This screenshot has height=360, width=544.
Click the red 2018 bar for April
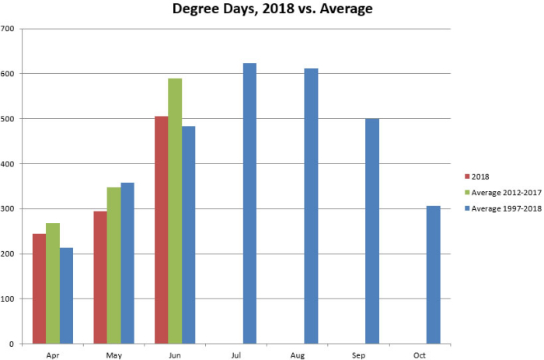[39, 288]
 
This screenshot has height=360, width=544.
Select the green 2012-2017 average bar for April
[53, 283]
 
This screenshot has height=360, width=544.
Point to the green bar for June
[176, 211]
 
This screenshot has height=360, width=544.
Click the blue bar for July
[249, 203]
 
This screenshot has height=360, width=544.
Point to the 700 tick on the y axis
[10, 29]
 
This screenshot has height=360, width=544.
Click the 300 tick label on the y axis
[10, 209]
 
